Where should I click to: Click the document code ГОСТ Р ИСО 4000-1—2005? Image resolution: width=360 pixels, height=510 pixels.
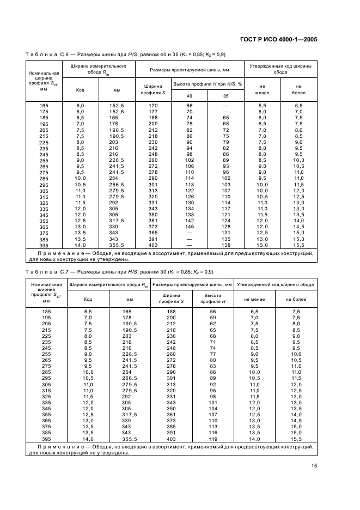[278, 39]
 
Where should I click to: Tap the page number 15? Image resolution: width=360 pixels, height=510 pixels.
[314, 466]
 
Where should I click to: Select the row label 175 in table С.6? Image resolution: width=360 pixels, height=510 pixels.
[44, 111]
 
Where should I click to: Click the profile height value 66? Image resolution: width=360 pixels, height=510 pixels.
[190, 105]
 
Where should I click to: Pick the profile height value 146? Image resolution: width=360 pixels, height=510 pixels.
[190, 226]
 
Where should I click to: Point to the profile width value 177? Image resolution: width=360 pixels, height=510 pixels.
[153, 111]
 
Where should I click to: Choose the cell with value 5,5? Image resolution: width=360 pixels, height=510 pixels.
[262, 105]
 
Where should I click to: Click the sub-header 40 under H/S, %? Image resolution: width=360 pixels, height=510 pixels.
[190, 96]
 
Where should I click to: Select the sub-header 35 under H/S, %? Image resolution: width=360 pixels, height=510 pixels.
[226, 96]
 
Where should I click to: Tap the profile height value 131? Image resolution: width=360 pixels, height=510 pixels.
[226, 232]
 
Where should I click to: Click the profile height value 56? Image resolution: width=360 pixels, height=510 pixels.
[213, 311]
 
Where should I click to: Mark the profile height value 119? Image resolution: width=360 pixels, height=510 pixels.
[213, 438]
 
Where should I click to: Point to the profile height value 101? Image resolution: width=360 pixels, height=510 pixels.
[213, 402]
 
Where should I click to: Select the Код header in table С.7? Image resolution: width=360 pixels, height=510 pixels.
[88, 299]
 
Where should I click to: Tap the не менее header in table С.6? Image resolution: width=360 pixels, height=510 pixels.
[262, 89]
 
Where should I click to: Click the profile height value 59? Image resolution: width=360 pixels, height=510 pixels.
[213, 317]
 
